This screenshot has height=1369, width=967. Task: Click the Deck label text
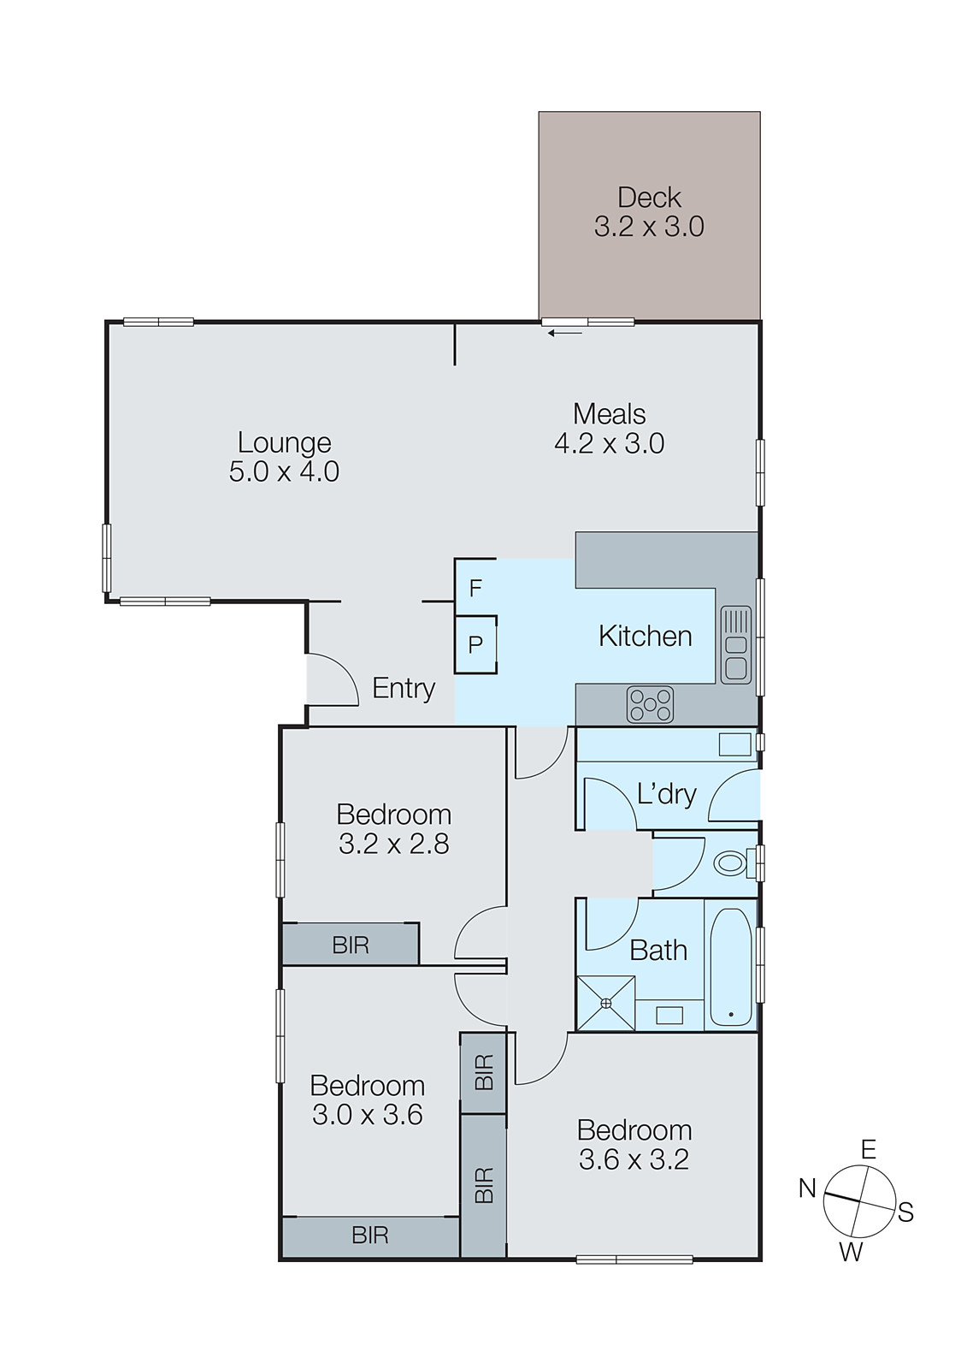(649, 198)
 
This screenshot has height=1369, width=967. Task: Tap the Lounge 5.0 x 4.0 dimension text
(284, 471)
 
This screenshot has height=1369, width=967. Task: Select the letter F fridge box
(475, 588)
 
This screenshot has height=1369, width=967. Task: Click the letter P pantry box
(475, 644)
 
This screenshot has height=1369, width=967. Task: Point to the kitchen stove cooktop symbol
(650, 705)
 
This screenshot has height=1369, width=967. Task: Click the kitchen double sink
(735, 644)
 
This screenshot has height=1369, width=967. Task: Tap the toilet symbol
(730, 862)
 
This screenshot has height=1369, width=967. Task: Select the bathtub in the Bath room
(731, 967)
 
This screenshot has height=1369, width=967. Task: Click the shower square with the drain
(605, 1003)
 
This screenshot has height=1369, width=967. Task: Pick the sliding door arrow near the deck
(565, 333)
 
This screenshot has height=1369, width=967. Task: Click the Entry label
(404, 688)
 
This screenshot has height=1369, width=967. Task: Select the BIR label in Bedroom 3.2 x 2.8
(351, 945)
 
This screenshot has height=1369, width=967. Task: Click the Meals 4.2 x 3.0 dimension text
(609, 443)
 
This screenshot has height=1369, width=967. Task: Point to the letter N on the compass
(807, 1188)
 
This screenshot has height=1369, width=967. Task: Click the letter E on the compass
(868, 1149)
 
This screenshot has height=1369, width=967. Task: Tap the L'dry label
(666, 794)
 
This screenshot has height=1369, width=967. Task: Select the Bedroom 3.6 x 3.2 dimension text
(634, 1159)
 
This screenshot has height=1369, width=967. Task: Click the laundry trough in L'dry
(734, 744)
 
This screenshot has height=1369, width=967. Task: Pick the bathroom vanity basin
(669, 1015)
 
